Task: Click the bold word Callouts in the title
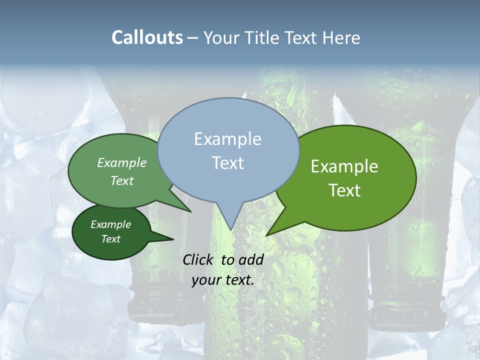point(147,37)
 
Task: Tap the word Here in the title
point(341,37)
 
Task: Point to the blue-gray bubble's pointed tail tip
point(230,229)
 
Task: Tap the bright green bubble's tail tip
point(267,234)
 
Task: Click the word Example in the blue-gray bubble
point(227,139)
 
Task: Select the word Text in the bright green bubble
point(345,190)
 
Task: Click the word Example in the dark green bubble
point(110,224)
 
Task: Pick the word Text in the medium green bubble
point(122,180)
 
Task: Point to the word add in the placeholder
point(251,259)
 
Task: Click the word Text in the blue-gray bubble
point(228,163)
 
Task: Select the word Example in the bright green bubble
point(344,166)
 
